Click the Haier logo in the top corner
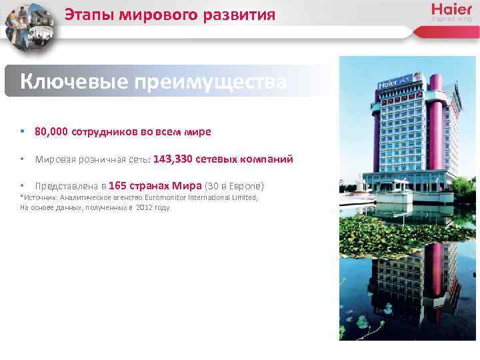[451, 10]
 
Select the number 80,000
[51, 132]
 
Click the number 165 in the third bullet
[117, 186]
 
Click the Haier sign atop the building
[391, 85]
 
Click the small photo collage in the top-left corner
[30, 27]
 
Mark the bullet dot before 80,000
[23, 132]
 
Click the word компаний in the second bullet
[270, 159]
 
